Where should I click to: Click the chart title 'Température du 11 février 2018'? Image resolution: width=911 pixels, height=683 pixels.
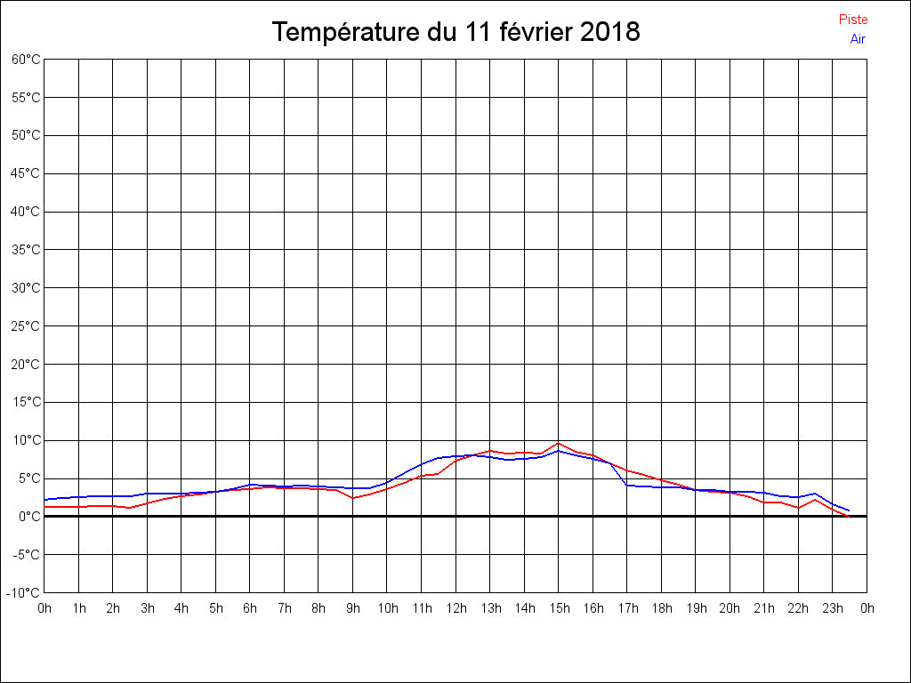(x=455, y=33)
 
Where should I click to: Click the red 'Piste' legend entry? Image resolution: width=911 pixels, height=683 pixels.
(x=853, y=20)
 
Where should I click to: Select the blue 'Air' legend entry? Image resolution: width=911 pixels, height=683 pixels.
(x=858, y=39)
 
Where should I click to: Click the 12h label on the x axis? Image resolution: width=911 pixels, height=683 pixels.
(x=455, y=609)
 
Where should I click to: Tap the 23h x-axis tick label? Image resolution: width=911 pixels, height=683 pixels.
(x=833, y=609)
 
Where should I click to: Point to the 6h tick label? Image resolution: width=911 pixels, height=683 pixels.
(x=250, y=609)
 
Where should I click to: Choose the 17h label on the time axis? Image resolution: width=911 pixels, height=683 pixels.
(x=627, y=609)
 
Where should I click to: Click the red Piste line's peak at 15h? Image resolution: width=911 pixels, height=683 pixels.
(x=559, y=443)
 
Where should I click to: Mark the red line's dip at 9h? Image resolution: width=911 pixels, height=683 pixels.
(x=353, y=497)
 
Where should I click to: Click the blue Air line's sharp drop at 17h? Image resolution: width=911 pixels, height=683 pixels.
(x=627, y=485)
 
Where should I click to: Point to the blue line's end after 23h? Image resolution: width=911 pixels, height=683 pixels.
(x=849, y=510)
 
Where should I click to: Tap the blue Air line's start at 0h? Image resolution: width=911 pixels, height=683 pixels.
(x=45, y=500)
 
